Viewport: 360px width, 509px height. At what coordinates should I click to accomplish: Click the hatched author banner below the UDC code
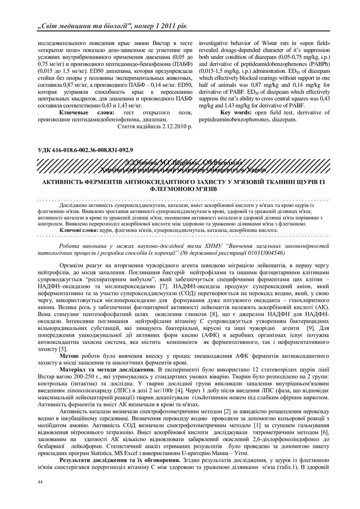[180, 166]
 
